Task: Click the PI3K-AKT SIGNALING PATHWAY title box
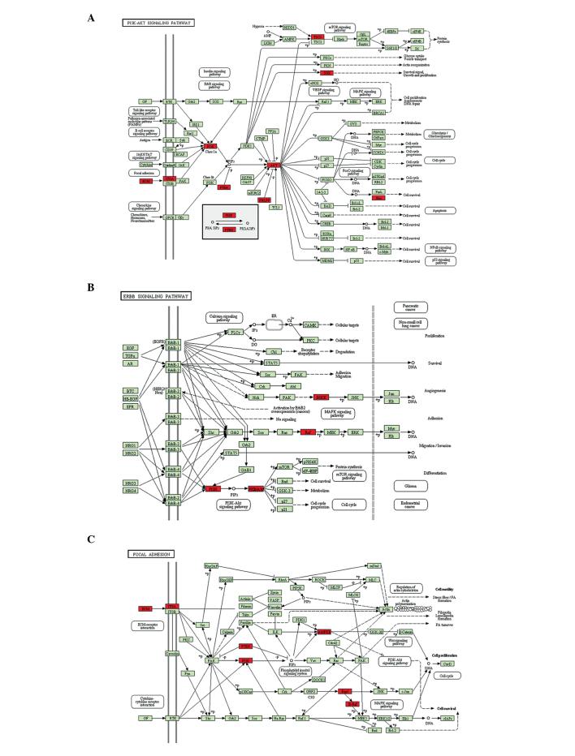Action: [158, 24]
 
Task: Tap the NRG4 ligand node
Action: [129, 491]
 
